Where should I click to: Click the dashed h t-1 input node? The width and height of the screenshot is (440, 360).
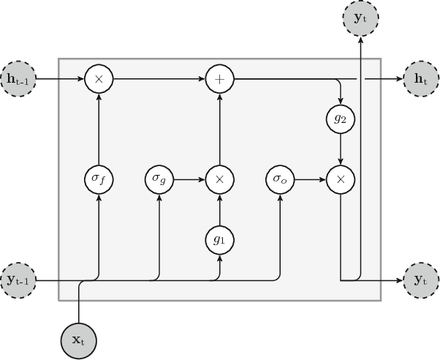[20, 76]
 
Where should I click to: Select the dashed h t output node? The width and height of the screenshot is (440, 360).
[420, 76]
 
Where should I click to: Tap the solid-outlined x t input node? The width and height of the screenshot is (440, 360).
[78, 340]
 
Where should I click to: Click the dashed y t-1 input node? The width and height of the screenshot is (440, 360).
[20, 280]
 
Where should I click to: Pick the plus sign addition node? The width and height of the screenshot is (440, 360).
[218, 76]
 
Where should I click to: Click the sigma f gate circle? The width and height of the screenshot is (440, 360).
[98, 179]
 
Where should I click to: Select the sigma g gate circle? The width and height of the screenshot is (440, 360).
[159, 179]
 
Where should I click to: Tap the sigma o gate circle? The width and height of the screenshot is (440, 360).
[280, 179]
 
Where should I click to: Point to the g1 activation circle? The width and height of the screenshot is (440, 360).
[218, 238]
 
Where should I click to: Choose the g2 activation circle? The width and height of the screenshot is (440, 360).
[340, 119]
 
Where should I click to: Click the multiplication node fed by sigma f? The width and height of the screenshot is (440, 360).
[98, 76]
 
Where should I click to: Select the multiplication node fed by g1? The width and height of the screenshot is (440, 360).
[218, 179]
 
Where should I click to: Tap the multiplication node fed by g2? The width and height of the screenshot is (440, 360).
[340, 179]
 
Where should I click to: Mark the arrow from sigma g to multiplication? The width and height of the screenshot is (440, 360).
[188, 179]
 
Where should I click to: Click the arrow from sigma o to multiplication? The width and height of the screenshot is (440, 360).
[309, 179]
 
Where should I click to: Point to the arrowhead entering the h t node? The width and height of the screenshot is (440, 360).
[399, 76]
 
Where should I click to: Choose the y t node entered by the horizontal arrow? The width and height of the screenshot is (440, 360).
[420, 280]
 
